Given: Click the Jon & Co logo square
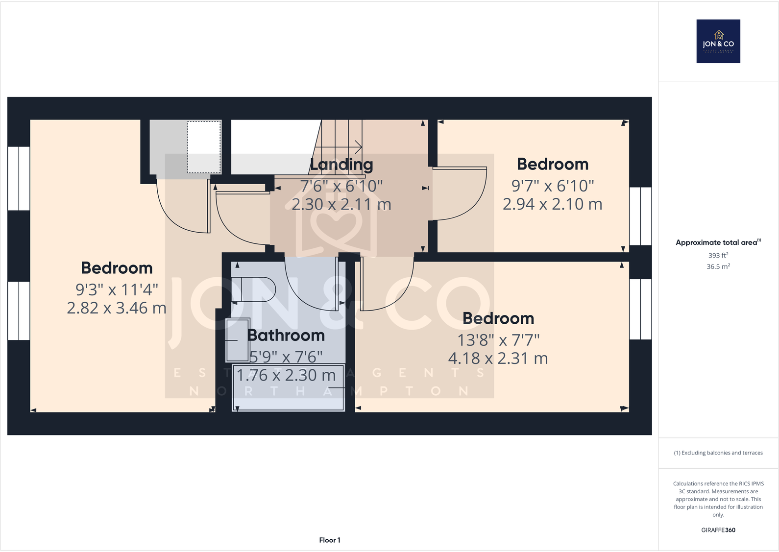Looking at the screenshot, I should [x=718, y=41].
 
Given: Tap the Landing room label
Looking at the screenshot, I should [x=341, y=165].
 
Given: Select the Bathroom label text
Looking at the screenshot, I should [x=286, y=336].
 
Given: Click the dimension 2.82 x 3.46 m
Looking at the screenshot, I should [x=117, y=308].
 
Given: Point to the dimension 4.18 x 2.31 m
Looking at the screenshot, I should [x=498, y=359].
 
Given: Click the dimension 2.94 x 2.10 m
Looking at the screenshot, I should [x=552, y=204].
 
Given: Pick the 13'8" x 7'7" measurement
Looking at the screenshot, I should [x=498, y=340].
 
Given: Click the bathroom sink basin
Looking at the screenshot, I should [x=238, y=339].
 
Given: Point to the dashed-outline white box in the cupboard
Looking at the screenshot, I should [x=204, y=147].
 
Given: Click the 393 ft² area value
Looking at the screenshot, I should [x=718, y=255].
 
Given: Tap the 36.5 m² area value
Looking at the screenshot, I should [x=718, y=266].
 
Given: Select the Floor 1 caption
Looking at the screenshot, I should [x=330, y=540].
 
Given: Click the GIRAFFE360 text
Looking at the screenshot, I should [x=718, y=530].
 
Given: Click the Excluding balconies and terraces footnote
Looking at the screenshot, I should [x=718, y=453].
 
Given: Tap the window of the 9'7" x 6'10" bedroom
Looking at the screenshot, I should [x=640, y=216].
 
